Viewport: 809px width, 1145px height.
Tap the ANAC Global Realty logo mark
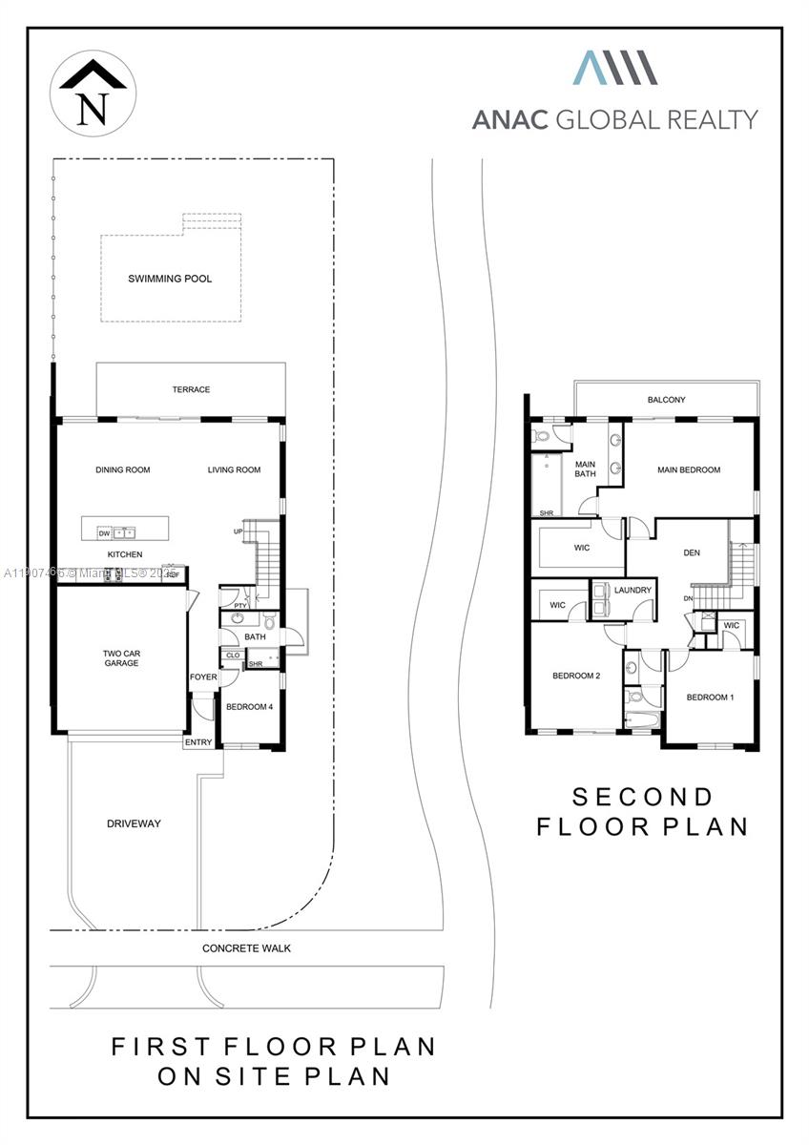614,69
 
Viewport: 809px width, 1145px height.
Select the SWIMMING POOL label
170,280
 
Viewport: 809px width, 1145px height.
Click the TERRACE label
191,389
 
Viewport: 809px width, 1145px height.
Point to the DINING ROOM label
122,469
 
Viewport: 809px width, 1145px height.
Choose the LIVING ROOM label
234,469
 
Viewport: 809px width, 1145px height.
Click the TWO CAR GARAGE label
121,658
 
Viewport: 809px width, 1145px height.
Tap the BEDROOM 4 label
249,707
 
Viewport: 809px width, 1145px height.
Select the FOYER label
203,677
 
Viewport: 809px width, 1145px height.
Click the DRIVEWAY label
134,823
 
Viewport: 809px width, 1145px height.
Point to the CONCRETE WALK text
246,948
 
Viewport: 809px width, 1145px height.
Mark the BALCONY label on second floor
666,400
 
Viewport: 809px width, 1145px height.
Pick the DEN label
692,552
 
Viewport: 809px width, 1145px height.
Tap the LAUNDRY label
633,590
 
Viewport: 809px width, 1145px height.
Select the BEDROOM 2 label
575,677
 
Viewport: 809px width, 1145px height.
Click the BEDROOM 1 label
710,697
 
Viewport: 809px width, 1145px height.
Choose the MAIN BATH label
585,468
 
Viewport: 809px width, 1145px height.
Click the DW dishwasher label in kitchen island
104,532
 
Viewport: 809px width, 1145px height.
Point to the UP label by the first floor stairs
238,531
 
